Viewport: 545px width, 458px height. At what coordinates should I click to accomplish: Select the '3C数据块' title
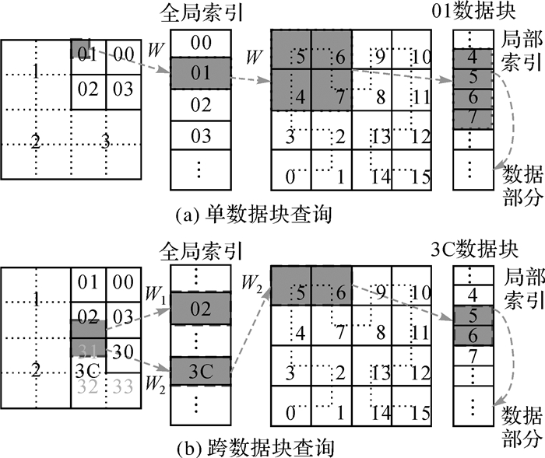[473, 250]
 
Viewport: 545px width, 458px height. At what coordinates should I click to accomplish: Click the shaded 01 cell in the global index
[201, 75]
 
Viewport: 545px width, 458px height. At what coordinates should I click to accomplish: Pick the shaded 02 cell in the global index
[201, 309]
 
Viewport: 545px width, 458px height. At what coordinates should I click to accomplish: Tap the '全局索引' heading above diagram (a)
[201, 13]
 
